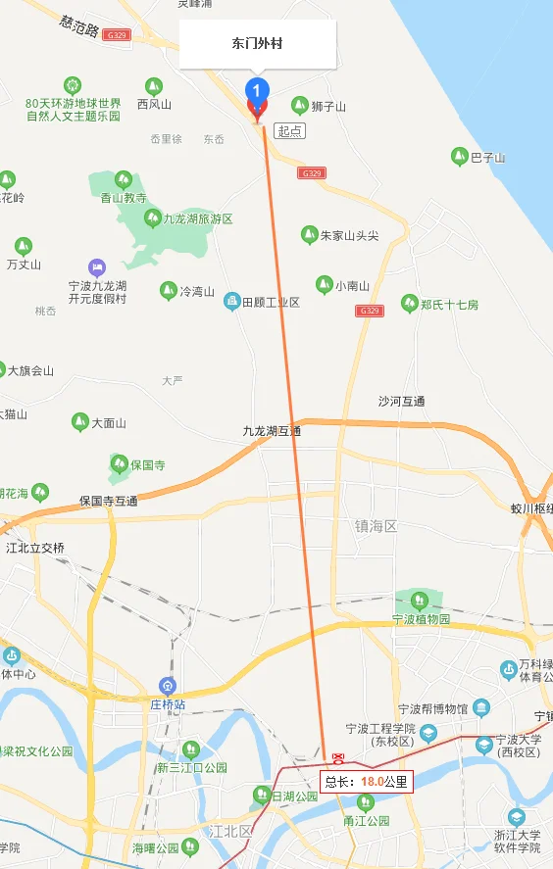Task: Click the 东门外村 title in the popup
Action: (x=257, y=44)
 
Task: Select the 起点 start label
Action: (x=289, y=130)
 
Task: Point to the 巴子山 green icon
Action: (x=459, y=156)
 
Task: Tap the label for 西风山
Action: (x=154, y=104)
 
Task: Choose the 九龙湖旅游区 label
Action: (x=197, y=219)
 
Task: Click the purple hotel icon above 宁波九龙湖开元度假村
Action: (x=96, y=266)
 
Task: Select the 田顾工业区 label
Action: (x=271, y=302)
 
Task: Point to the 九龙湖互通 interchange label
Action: (x=272, y=431)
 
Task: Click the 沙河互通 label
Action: (x=402, y=401)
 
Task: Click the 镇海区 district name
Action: (x=377, y=526)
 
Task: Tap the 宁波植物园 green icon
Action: (x=420, y=599)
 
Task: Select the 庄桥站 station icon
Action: (x=169, y=685)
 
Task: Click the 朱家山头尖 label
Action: (x=349, y=235)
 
